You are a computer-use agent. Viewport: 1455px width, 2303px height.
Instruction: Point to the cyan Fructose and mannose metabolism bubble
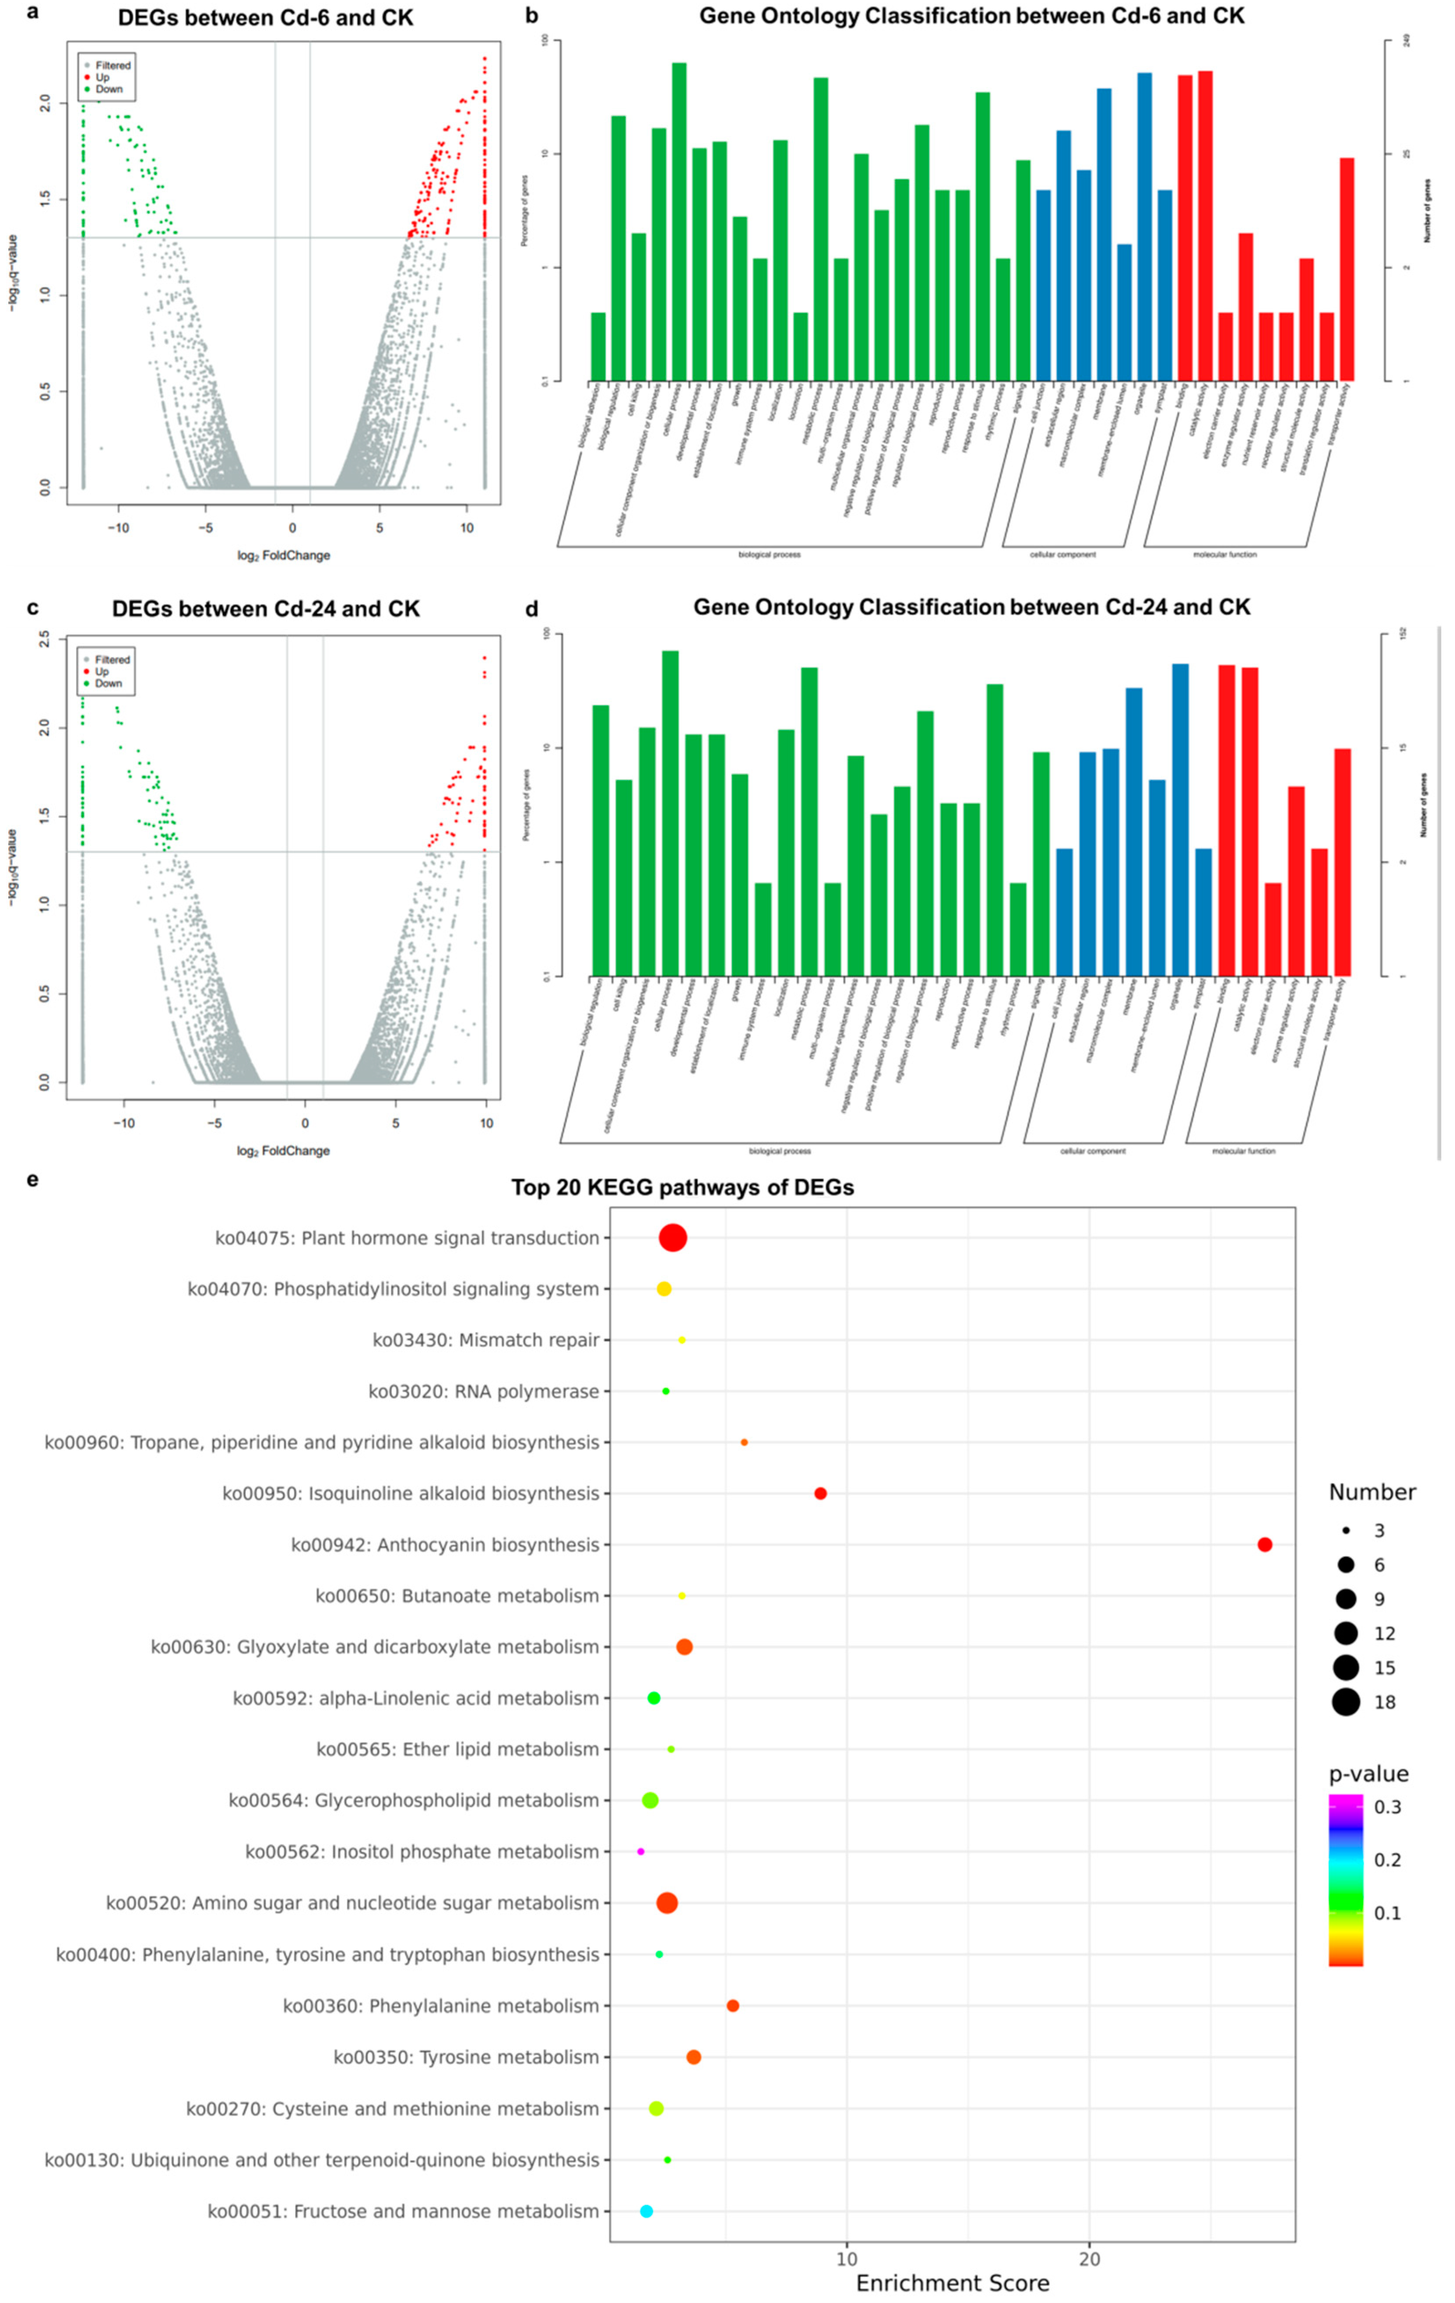pyautogui.click(x=647, y=2211)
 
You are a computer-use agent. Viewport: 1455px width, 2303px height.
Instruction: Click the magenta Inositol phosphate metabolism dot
pyautogui.click(x=641, y=1852)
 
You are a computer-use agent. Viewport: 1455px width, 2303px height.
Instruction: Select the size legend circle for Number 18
pyautogui.click(x=1346, y=1702)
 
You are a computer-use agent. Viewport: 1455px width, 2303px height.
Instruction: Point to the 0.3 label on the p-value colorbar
pyautogui.click(x=1387, y=1808)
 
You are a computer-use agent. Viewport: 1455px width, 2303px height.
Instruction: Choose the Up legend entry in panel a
pyautogui.click(x=102, y=77)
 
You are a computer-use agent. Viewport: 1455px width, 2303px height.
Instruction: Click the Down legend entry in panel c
pyautogui.click(x=108, y=684)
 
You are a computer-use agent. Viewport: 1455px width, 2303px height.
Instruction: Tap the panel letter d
pyautogui.click(x=532, y=609)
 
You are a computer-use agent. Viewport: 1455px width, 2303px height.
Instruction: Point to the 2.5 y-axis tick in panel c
pyautogui.click(x=44, y=640)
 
